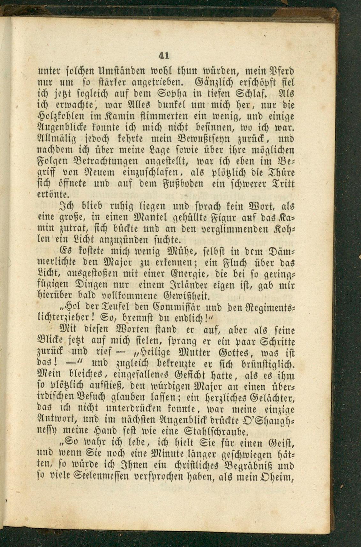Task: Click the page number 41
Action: pyautogui.click(x=163, y=56)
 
